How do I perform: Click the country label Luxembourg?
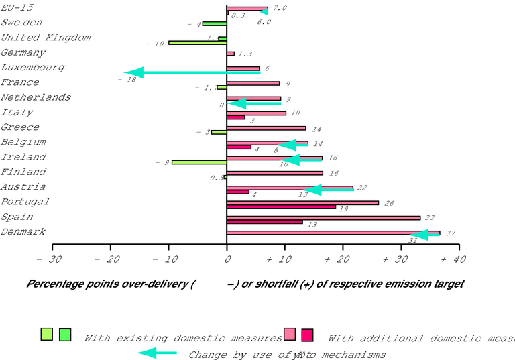(33, 68)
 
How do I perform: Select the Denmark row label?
(23, 232)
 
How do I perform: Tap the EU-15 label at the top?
(18, 8)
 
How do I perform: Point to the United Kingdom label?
(46, 38)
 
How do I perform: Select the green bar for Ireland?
(199, 162)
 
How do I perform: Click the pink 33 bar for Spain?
(323, 217)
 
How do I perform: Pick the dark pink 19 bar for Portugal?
(281, 206)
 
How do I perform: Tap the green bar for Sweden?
(215, 23)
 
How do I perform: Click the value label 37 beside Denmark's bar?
(451, 233)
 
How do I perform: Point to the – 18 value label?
(127, 79)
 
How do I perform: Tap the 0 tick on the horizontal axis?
(227, 259)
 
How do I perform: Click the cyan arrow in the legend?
(157, 353)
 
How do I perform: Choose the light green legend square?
(46, 334)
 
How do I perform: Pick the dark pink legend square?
(308, 335)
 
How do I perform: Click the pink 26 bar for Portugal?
(302, 202)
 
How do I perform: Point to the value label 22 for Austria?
(361, 188)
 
